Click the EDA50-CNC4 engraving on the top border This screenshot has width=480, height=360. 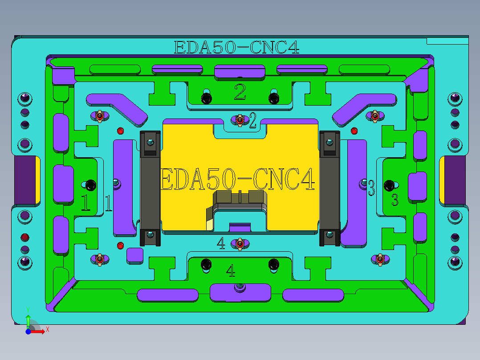tap(236, 47)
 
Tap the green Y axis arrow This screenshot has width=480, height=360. tap(28, 318)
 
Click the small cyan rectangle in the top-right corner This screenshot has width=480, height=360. tap(447, 41)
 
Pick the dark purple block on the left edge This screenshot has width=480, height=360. tap(25, 180)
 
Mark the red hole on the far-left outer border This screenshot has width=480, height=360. tap(25, 236)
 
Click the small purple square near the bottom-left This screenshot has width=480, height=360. tap(134, 255)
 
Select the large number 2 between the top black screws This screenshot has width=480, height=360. tap(240, 92)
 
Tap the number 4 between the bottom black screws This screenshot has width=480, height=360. tap(231, 270)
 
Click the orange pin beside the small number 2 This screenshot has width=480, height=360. tap(240, 120)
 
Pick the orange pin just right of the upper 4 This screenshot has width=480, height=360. tap(240, 244)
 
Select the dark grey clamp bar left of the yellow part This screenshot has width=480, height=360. tap(150, 188)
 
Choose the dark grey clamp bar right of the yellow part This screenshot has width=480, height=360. tap(329, 188)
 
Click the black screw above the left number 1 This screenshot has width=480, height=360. tap(91, 184)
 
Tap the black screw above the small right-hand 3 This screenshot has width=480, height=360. tap(390, 184)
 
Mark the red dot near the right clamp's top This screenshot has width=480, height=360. tap(354, 131)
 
